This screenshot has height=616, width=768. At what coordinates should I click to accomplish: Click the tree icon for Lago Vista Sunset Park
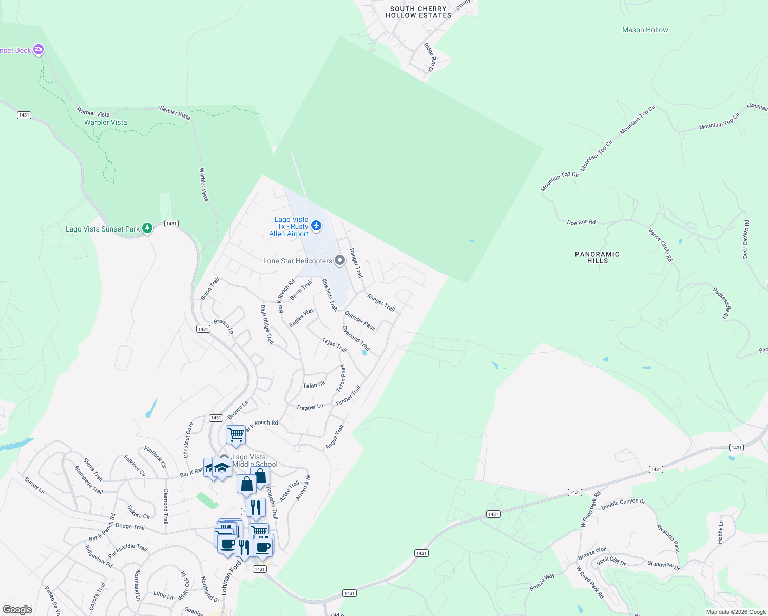point(147,228)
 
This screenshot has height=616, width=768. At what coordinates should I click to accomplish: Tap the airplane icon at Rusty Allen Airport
point(316,225)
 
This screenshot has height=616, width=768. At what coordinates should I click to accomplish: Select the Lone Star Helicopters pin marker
point(339,260)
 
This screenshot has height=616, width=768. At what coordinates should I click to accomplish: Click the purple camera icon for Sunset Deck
point(39,50)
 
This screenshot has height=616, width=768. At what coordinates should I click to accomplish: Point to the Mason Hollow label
point(645,30)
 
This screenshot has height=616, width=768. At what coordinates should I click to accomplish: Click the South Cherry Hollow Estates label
point(418,12)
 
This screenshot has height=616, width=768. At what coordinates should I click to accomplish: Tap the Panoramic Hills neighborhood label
point(597,257)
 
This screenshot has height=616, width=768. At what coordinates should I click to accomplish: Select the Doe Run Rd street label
point(581,222)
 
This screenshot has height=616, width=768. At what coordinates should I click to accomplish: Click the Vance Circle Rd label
point(660,245)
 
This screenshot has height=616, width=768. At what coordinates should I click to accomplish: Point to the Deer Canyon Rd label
point(745,239)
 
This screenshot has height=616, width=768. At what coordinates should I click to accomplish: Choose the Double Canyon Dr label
point(623,504)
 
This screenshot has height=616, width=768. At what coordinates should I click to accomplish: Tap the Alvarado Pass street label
point(668,538)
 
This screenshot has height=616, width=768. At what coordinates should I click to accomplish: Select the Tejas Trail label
point(335,344)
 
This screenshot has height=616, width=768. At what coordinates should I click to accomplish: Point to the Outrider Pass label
point(360,320)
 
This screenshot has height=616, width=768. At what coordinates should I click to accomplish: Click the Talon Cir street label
point(314,385)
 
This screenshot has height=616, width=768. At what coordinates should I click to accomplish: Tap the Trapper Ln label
point(310,407)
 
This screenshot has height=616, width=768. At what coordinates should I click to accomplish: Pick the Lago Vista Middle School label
point(254,460)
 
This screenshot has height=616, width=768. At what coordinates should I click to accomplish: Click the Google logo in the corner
point(17,610)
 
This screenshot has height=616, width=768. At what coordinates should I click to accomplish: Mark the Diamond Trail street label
point(165,506)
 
